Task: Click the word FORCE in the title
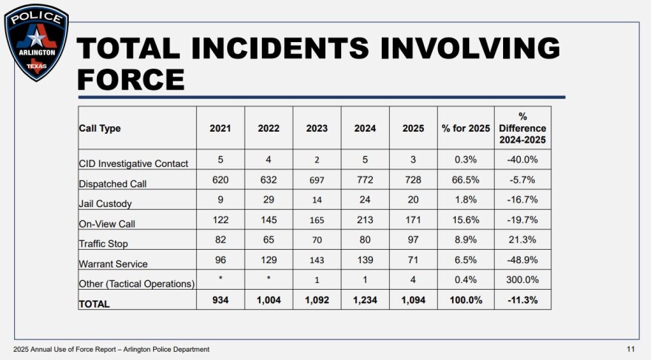pos(131,78)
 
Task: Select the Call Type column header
pos(99,128)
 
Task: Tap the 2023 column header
pos(317,128)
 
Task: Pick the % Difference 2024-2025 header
pos(522,128)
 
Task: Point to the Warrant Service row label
pos(113,263)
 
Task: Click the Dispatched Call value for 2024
pos(365,182)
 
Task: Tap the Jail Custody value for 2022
pos(269,202)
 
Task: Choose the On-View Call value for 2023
pos(317,222)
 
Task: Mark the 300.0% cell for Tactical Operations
pos(522,282)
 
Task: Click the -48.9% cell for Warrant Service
pos(522,262)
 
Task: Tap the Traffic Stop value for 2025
pos(414,242)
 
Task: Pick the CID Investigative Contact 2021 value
pos(220,162)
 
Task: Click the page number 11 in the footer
pos(631,349)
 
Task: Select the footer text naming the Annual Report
pos(111,349)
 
